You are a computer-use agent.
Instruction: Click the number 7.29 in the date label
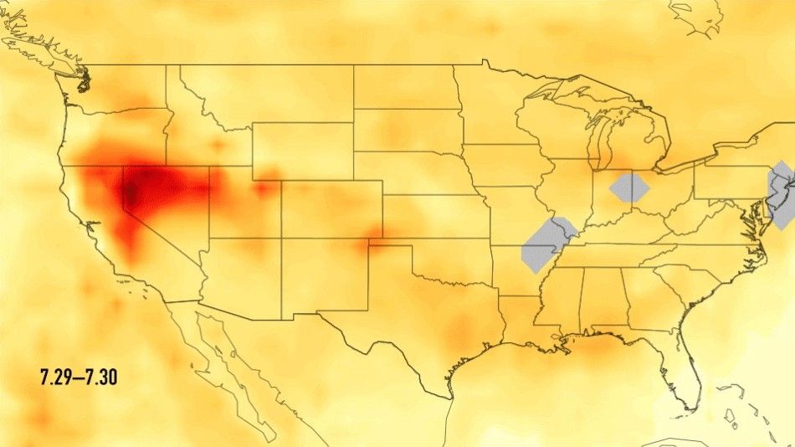click(57, 378)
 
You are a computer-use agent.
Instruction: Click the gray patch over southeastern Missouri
click(546, 244)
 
